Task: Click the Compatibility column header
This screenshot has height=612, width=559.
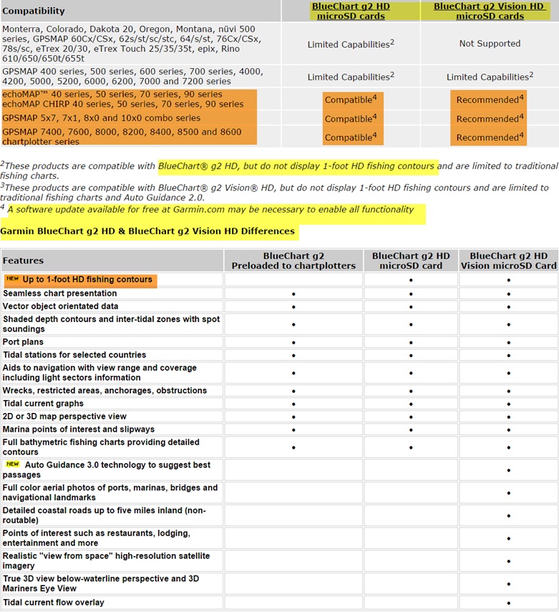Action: click(34, 11)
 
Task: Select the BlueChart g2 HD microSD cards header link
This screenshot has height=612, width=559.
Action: click(351, 11)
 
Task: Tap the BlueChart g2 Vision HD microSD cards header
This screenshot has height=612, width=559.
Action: click(490, 11)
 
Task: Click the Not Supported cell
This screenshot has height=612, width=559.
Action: click(490, 44)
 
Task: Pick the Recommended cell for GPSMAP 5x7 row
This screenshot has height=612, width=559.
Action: click(490, 119)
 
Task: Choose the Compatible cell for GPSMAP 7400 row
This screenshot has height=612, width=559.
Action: click(351, 137)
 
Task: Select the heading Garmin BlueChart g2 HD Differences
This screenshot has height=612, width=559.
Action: click(147, 231)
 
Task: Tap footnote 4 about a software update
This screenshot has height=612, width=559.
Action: click(211, 210)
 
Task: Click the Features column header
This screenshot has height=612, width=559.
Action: click(23, 261)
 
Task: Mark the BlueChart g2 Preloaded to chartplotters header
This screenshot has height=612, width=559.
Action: click(293, 261)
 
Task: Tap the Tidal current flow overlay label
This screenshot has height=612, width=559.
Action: click(54, 603)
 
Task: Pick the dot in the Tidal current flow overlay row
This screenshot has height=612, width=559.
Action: click(508, 603)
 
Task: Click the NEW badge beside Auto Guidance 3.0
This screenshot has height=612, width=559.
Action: click(12, 465)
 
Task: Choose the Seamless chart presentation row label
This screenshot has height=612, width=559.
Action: click(60, 293)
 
